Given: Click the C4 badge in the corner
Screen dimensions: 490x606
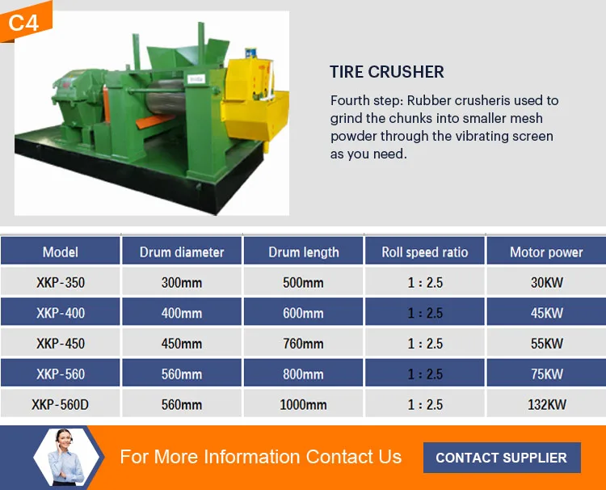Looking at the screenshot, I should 24,22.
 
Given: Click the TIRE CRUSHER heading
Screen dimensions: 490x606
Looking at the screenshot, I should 386,72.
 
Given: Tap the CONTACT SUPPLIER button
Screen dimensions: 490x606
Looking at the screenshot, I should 501,457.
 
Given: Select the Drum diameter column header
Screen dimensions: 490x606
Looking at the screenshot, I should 182,252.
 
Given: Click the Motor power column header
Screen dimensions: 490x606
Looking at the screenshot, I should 546,252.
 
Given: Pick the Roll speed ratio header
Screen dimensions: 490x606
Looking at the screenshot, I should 425,252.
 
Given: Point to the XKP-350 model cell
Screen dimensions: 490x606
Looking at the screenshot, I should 61,283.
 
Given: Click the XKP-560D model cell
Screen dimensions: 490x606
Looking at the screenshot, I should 61,404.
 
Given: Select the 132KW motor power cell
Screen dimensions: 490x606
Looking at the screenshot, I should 546,404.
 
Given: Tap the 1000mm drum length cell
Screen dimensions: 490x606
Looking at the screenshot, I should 304,404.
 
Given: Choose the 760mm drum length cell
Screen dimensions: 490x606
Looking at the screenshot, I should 304,344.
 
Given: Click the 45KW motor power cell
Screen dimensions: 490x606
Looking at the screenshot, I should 546,313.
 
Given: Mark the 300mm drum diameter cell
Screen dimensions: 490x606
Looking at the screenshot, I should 182,283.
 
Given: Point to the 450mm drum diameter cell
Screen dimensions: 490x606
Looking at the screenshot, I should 182,344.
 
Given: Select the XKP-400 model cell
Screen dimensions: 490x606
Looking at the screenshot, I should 61,313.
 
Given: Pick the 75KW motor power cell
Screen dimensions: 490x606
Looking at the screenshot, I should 546,374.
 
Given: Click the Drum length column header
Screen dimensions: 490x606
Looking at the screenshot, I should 304,252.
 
